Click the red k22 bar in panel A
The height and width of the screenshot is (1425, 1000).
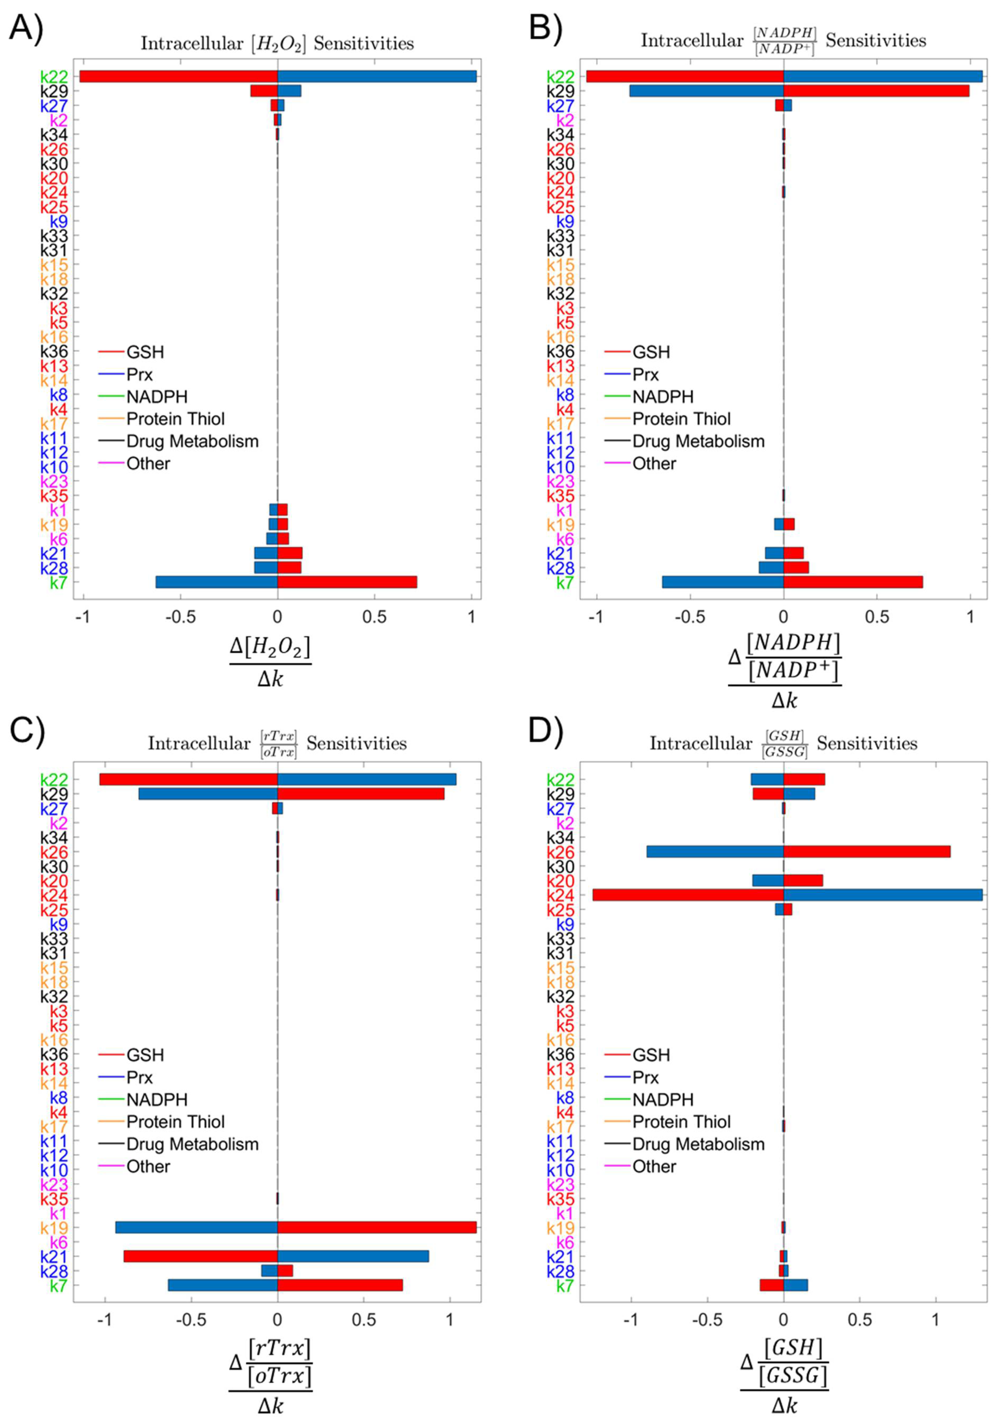click(x=178, y=76)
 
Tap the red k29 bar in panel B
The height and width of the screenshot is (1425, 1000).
click(x=876, y=91)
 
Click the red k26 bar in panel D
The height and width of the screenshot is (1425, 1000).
click(x=867, y=852)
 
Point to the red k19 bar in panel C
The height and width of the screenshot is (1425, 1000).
click(x=377, y=1227)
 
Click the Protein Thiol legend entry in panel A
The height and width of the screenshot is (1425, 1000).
click(x=176, y=419)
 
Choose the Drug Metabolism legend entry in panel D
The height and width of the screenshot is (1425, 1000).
click(x=698, y=1144)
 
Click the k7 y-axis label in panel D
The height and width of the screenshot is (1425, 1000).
click(x=564, y=1285)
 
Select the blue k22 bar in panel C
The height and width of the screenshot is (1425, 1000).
click(x=367, y=779)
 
